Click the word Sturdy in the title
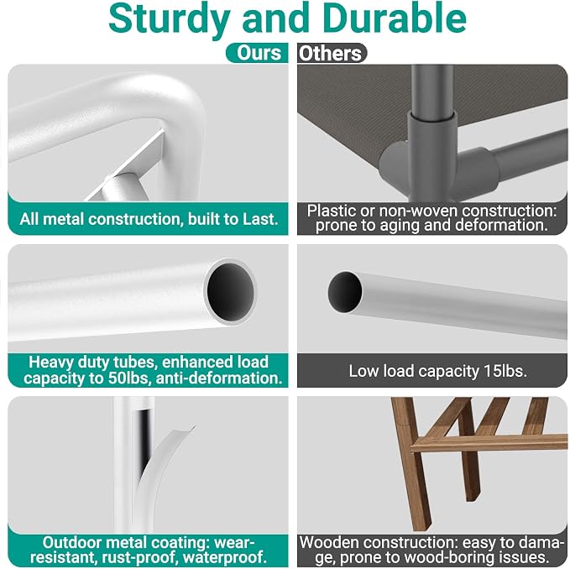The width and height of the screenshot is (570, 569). click(x=170, y=19)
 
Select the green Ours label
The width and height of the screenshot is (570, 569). click(x=258, y=53)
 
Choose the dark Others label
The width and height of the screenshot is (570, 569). click(x=332, y=53)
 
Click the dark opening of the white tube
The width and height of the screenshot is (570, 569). click(x=231, y=291)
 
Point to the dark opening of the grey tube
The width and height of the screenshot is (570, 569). click(x=345, y=292)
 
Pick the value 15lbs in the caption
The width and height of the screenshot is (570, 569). click(x=505, y=371)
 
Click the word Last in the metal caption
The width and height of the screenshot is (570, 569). click(x=260, y=219)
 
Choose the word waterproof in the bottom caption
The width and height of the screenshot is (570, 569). click(x=225, y=557)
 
